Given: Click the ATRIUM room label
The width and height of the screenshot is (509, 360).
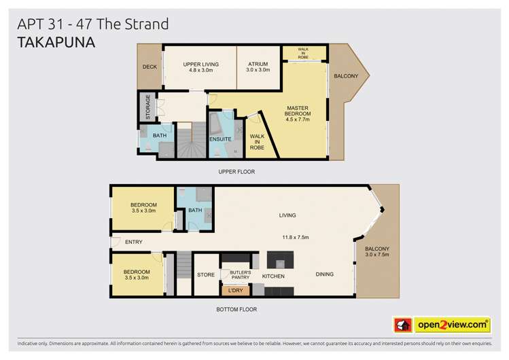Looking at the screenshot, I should tap(258, 67).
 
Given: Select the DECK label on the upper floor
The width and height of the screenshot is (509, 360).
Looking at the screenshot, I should tap(150, 67).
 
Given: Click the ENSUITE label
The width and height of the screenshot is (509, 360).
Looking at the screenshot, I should tap(220, 139).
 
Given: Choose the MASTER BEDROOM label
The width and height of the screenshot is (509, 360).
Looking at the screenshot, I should tap(298, 113).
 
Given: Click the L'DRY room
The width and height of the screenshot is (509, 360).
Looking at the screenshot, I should tap(235, 291).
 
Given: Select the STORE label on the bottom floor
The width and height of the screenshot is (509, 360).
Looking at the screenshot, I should tap(206, 276).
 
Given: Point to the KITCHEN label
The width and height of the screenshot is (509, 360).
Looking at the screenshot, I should tap(273, 276).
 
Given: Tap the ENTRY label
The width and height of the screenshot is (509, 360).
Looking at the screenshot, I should tap(134, 242).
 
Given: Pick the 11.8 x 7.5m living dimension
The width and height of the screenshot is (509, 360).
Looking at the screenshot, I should tap(296, 237).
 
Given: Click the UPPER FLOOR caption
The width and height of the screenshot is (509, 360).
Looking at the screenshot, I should tap(236, 172).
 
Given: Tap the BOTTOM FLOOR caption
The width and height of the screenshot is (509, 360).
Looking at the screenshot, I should tap(237, 309).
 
